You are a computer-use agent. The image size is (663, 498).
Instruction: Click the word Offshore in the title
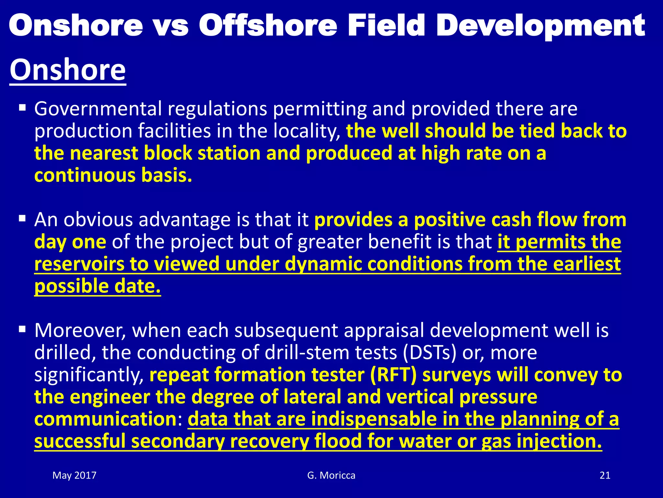click(268, 26)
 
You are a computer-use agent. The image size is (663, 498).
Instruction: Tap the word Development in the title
click(541, 26)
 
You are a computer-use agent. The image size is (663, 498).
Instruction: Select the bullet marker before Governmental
click(22, 107)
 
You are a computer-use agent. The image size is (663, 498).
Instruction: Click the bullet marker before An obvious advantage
click(22, 218)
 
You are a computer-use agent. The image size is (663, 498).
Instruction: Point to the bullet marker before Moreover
click(22, 329)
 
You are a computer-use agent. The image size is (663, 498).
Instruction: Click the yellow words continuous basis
click(113, 175)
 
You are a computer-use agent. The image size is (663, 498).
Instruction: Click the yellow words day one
click(70, 242)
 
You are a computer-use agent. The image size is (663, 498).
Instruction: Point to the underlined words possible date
click(97, 286)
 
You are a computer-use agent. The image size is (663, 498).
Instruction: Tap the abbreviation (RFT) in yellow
click(393, 375)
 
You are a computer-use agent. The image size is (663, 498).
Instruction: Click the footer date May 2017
click(74, 475)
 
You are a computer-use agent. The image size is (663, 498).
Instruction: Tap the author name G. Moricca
click(331, 475)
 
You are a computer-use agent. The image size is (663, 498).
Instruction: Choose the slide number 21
click(605, 475)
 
